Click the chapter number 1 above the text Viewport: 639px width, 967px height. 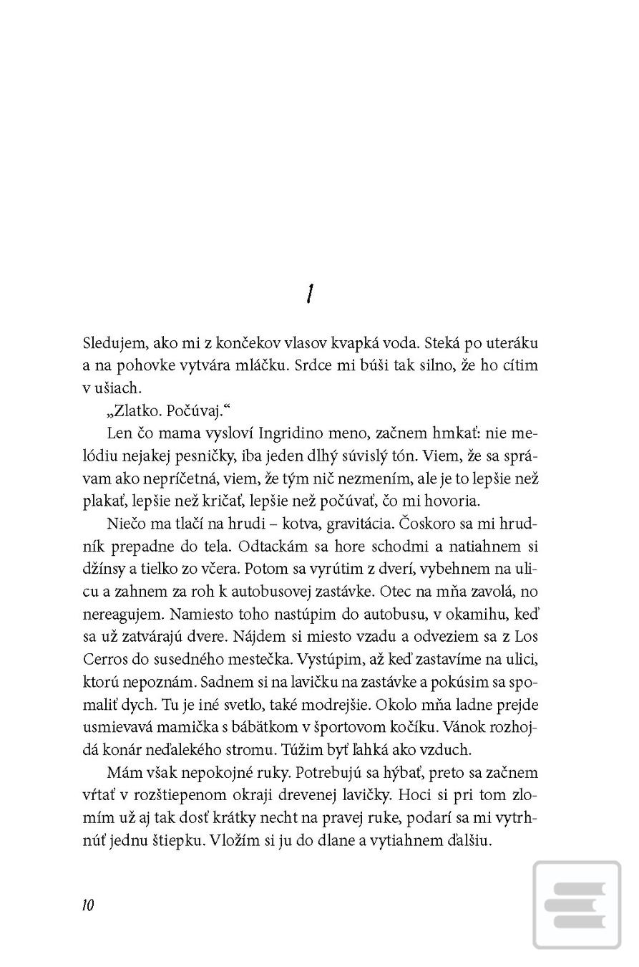point(309,294)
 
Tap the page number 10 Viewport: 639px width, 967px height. point(88,905)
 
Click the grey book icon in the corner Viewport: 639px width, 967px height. point(576,905)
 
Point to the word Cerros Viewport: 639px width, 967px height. point(104,660)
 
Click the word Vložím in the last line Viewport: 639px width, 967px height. point(233,840)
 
